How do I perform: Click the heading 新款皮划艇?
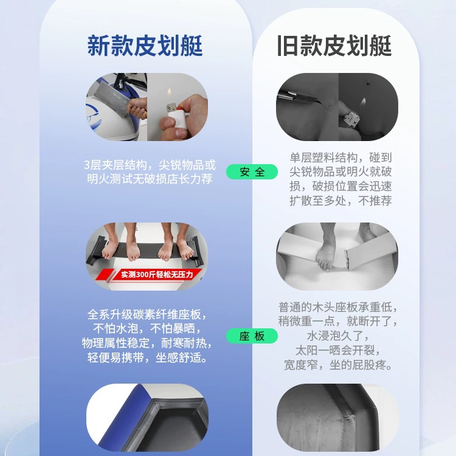point(145,46)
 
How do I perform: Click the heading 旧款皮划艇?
point(334,46)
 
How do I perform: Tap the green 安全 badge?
point(252,171)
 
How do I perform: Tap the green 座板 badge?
point(252,336)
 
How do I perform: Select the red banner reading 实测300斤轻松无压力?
point(150,275)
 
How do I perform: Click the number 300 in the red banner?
point(142,275)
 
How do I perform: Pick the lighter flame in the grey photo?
point(363,102)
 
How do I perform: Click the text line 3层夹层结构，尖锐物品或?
point(150,165)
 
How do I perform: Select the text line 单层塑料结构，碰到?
point(340,157)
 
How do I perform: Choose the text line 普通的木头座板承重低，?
point(338,307)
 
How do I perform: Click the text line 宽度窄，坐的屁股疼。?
point(338,365)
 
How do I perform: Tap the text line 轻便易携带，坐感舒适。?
point(147,358)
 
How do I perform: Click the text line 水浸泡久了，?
point(338,336)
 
